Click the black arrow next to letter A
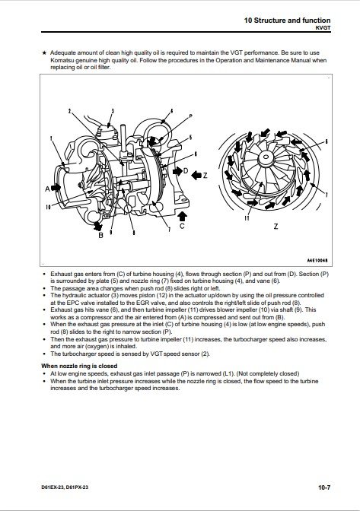coord(56,188)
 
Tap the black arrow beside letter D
coord(177,171)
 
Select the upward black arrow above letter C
coord(182,215)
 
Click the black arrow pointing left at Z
coord(196,176)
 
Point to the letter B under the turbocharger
coord(100,235)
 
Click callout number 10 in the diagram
coord(48,208)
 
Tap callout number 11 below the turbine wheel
coord(247,218)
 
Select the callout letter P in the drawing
coord(191,116)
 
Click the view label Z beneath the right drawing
coord(276,227)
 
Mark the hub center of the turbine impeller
coord(266,157)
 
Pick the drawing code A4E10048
coord(317,260)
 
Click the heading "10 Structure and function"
coord(287,21)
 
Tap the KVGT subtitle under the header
coord(323,27)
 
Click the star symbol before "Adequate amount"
coord(44,52)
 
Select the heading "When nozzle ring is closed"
coord(79,366)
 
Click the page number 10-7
coord(324,487)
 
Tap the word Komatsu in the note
coord(62,60)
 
